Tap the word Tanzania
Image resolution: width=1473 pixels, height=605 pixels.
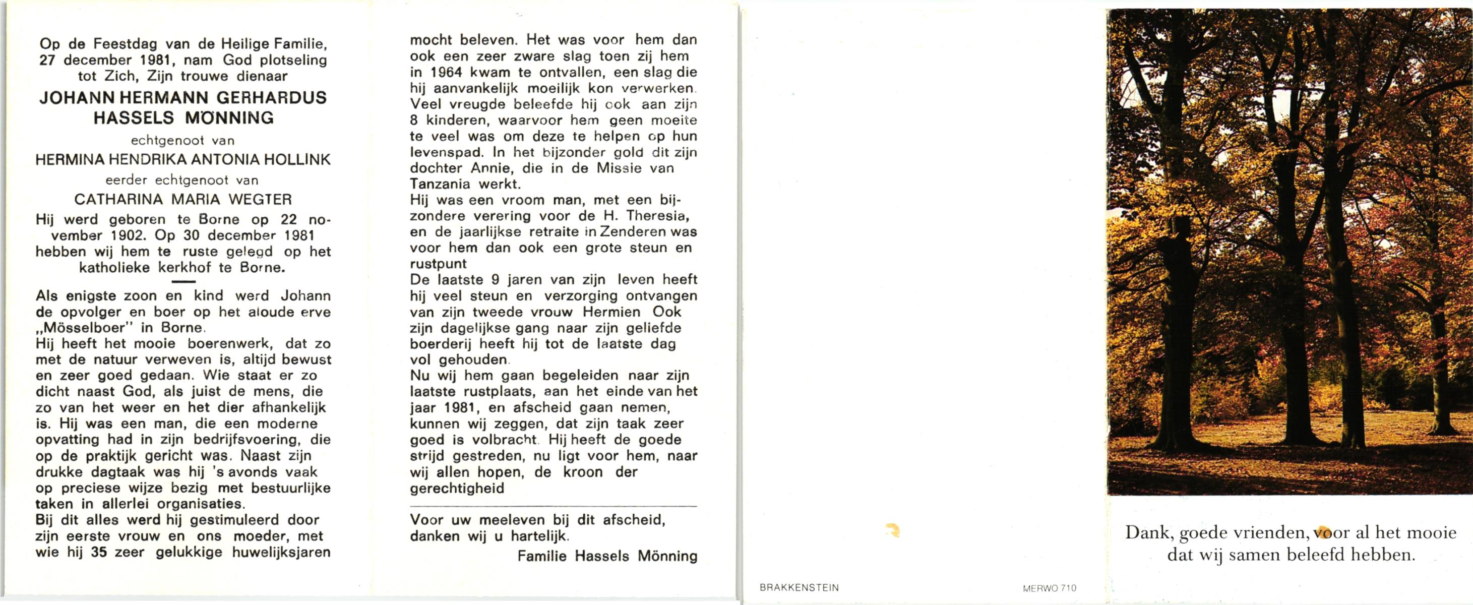[x=440, y=184]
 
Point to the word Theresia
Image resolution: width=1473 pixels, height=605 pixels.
[x=657, y=216]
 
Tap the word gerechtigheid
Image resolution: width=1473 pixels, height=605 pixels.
[x=457, y=489]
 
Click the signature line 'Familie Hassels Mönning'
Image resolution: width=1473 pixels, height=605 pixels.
[x=607, y=557]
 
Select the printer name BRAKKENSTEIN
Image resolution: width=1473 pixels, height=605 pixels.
[x=799, y=588]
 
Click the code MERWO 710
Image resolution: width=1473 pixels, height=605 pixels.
[x=1049, y=588]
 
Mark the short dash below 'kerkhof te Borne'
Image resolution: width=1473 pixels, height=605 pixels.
[x=183, y=281]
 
